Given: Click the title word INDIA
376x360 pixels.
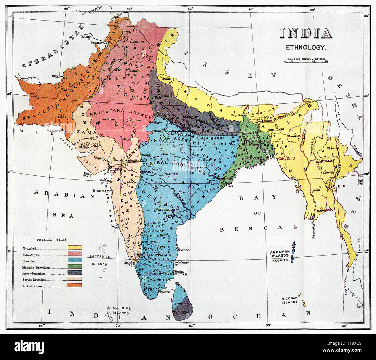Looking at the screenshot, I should pos(305,34).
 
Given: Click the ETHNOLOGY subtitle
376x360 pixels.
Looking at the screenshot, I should pos(306,47).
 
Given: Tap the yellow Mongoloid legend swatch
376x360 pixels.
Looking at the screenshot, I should pos(75,247).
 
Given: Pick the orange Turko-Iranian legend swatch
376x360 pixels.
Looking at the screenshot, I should pos(75,285).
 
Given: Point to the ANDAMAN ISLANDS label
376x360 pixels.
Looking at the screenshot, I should pos(279,254).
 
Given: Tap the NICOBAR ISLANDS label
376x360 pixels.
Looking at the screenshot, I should pos(290,300).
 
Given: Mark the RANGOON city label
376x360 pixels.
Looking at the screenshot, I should pos(324,210).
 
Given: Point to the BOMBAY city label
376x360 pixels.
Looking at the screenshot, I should pos(100,191).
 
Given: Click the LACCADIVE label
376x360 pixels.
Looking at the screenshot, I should pos(98,256).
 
